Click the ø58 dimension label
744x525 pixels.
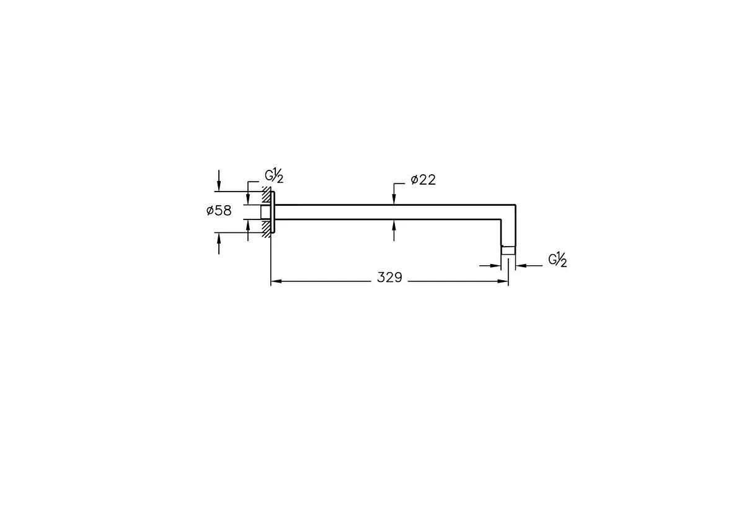click(x=219, y=211)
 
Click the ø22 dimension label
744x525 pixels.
click(x=423, y=180)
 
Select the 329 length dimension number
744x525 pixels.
click(x=389, y=277)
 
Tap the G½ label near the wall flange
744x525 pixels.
click(x=274, y=176)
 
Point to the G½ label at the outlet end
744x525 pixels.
click(x=557, y=260)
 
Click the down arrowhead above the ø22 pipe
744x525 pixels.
click(x=394, y=199)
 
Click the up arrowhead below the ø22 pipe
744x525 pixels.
click(x=394, y=226)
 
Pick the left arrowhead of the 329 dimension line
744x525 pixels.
click(x=277, y=281)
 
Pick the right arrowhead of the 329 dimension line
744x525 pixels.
click(x=503, y=281)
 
